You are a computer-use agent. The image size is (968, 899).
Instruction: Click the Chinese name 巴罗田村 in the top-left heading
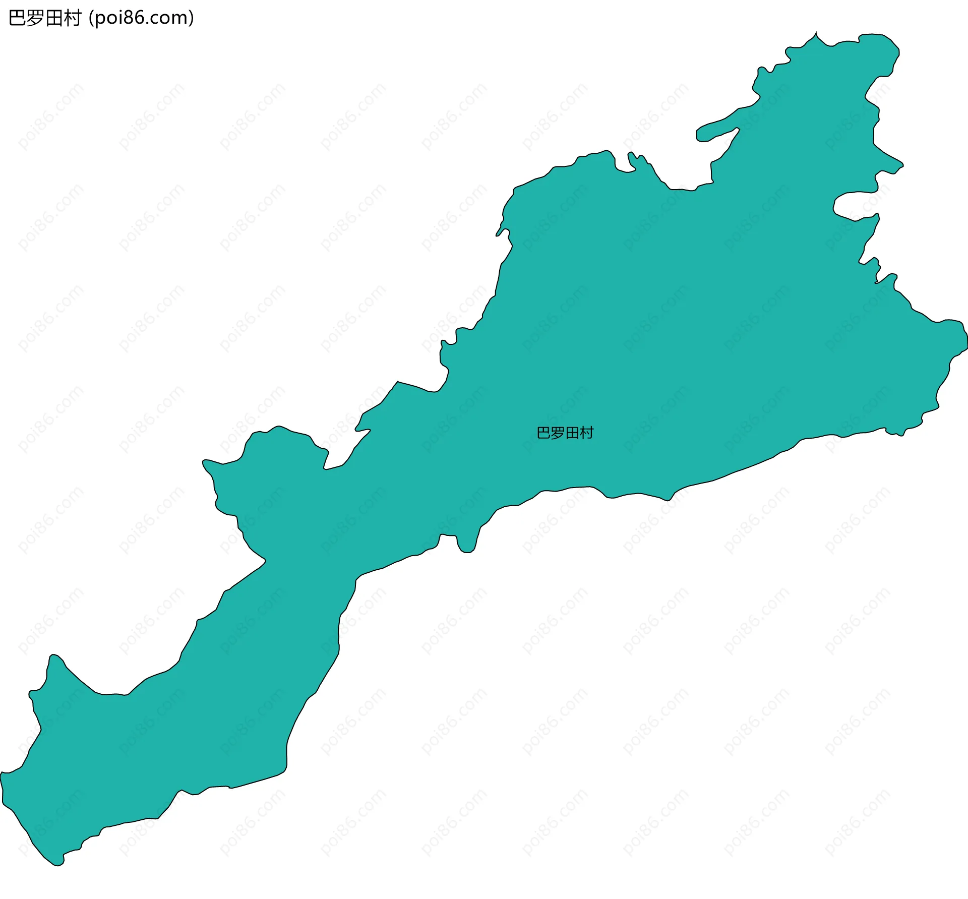coord(45,18)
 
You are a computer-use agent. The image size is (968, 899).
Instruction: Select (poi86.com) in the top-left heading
coord(141,18)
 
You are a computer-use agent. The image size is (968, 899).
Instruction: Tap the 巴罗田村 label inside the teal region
coord(565,433)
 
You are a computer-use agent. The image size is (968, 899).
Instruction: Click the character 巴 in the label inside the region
coord(543,433)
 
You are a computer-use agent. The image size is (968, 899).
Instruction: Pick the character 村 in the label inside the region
coord(587,433)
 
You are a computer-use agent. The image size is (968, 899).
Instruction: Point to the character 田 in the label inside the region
coord(572,433)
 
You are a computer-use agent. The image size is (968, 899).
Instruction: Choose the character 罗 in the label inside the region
coord(558,433)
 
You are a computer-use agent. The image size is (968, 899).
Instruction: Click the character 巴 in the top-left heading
coord(18,18)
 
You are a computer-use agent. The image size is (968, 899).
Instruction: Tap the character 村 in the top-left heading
coord(73,18)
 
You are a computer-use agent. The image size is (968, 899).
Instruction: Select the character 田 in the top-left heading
coord(54,18)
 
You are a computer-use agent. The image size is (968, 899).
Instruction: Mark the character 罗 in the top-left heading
coord(36,18)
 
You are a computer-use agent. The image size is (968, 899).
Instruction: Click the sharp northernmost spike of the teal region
coord(816,34)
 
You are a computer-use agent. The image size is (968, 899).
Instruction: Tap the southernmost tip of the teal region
coord(58,864)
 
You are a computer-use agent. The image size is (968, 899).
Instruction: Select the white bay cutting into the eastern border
coord(852,204)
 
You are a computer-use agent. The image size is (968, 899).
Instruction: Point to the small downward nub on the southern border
coord(466,547)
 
